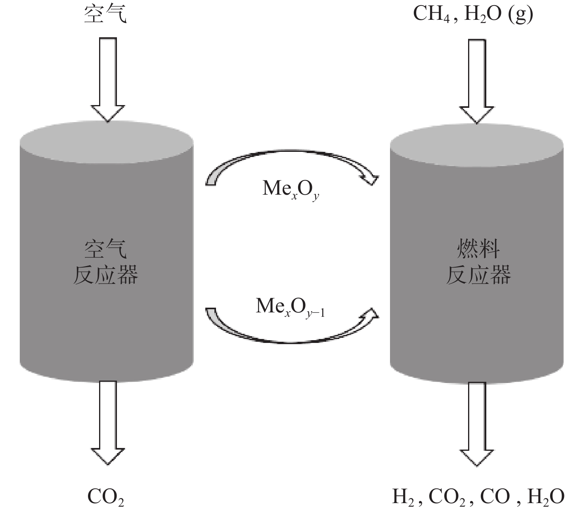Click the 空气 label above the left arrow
click(105, 14)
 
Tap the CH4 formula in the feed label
click(431, 14)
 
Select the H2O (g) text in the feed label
click(498, 14)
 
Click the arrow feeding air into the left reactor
click(108, 80)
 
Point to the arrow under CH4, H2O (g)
click(477, 81)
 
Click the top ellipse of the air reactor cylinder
click(107, 142)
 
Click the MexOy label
click(291, 190)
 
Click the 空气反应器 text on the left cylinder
click(106, 262)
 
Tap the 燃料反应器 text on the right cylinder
click(478, 262)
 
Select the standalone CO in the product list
click(495, 497)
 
